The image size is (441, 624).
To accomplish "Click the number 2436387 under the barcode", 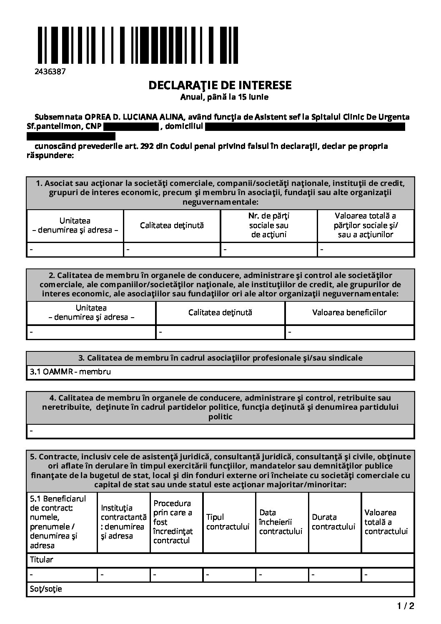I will point(50,71).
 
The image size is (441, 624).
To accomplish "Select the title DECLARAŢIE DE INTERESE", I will point(220,85).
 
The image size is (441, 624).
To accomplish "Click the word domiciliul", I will point(184,126).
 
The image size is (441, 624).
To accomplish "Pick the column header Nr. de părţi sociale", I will point(269,225).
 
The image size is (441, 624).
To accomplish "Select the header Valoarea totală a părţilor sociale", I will point(366,225).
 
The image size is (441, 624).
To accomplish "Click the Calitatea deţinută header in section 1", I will point(172,225).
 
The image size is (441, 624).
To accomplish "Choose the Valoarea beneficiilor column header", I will point(349,312).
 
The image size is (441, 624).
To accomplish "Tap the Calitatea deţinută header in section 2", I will point(220,312).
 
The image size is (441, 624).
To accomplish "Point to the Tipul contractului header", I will point(228,522).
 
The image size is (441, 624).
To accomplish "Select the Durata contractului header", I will point(333,522).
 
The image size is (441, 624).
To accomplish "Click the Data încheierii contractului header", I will point(281,522).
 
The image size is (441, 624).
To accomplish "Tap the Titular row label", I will point(42,559).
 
